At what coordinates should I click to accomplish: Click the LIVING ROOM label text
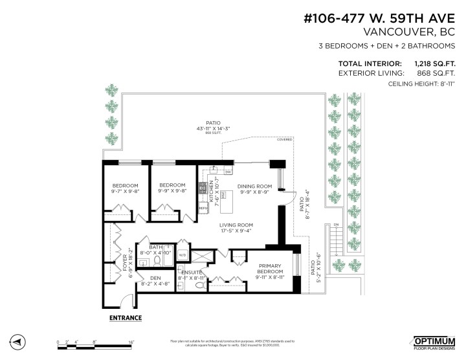click(x=236, y=224)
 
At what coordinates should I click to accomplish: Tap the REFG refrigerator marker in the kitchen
click(x=201, y=208)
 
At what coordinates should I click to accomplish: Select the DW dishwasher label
click(x=228, y=172)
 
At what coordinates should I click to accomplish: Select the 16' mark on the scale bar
click(x=131, y=341)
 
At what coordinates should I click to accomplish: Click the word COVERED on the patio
click(x=284, y=139)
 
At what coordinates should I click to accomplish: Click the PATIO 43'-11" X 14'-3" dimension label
click(x=214, y=126)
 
